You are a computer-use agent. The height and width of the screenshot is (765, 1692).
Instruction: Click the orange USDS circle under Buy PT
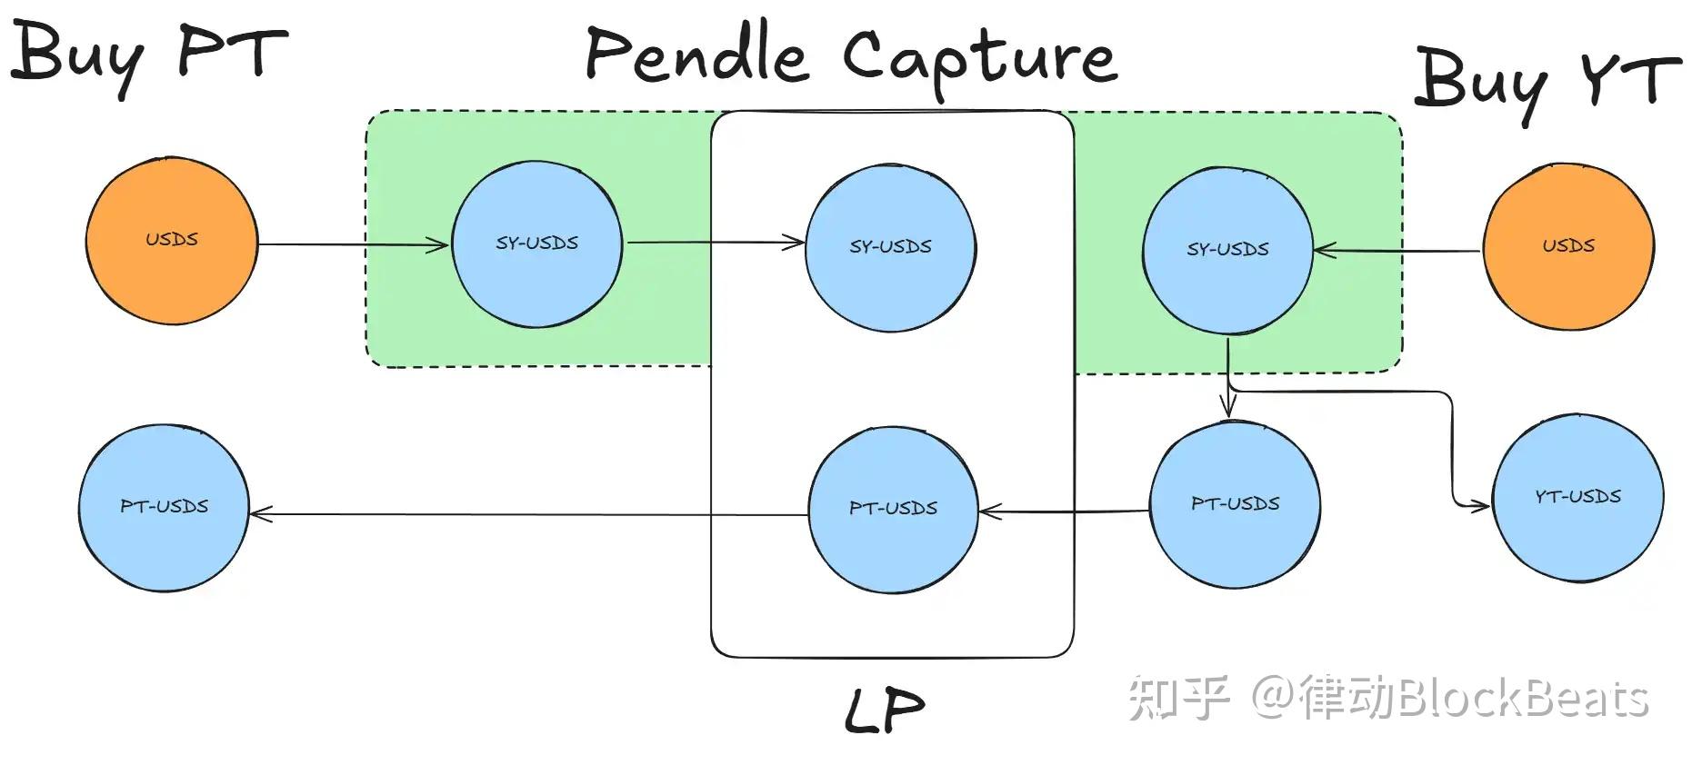coord(171,241)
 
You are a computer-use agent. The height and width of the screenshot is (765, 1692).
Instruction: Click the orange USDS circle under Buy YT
coord(1568,245)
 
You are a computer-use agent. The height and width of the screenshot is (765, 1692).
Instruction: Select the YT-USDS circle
coord(1578,497)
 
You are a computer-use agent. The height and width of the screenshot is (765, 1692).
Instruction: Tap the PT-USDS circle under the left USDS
coord(164,507)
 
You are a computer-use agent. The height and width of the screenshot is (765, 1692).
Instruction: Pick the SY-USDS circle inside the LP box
coord(890,247)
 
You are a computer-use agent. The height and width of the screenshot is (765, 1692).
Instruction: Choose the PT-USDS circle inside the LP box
coord(893,509)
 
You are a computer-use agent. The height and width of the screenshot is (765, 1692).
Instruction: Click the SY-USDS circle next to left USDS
coord(536,243)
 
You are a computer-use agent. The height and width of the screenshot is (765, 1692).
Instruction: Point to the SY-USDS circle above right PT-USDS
coord(1227,249)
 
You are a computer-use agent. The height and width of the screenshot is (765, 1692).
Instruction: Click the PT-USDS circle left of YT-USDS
coord(1235,504)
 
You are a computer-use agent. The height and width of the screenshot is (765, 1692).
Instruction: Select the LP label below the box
coord(884,710)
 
